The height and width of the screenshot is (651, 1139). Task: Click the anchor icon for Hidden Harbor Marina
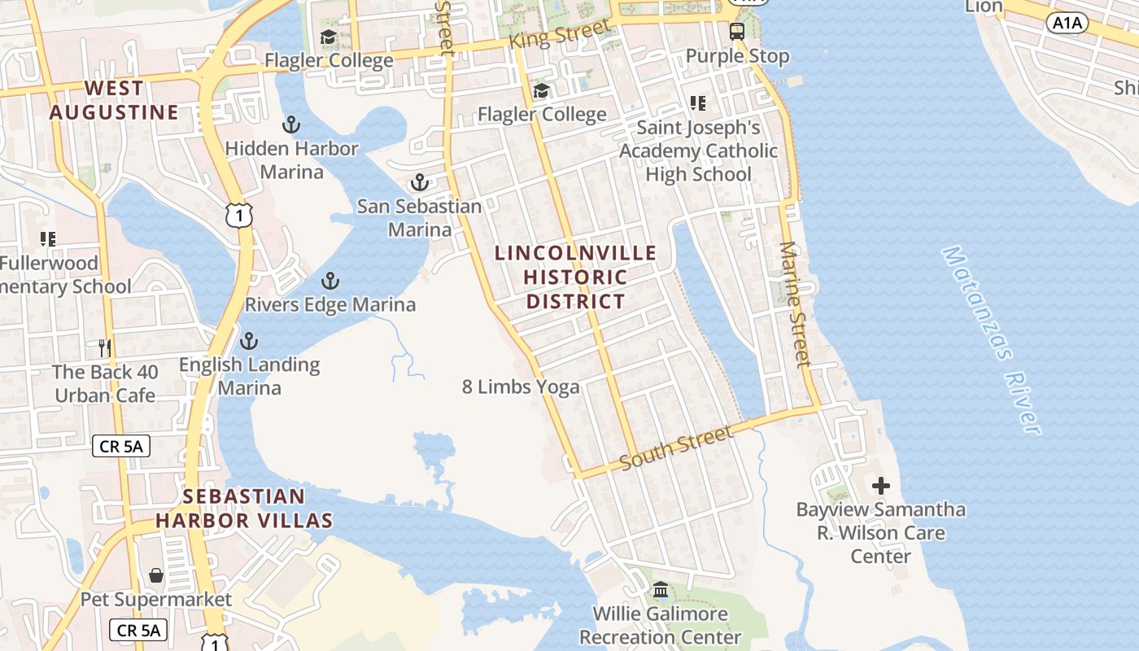[291, 125]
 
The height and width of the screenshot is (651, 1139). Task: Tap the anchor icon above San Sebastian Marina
[419, 182]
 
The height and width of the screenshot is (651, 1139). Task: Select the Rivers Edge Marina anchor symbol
[329, 282]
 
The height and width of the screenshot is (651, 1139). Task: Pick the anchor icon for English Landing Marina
[249, 340]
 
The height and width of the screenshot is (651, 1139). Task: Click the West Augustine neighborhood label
[114, 100]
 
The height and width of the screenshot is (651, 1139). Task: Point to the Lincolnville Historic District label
[576, 277]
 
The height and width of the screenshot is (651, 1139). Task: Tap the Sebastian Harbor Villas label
[244, 509]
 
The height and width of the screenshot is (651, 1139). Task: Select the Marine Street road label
[796, 304]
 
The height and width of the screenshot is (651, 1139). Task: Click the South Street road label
[676, 448]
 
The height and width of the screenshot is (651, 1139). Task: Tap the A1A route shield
[1067, 23]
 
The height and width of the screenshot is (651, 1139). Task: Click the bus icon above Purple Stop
[737, 32]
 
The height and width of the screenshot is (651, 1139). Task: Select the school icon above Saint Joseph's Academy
[698, 103]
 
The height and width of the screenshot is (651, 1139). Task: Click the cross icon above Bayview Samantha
[880, 487]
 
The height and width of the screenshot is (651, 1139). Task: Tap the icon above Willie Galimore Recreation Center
[661, 590]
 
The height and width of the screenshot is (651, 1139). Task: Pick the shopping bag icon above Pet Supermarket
[156, 576]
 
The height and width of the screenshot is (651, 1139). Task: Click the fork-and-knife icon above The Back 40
[104, 348]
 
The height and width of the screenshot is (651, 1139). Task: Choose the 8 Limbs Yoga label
[521, 387]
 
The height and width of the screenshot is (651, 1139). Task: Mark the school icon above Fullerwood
[48, 239]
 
